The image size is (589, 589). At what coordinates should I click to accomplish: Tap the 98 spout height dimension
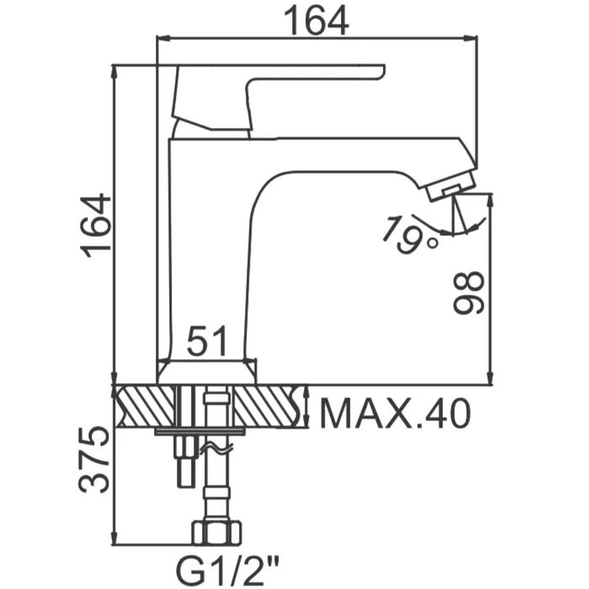tap(469, 294)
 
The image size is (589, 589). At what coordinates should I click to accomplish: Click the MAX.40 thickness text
tap(394, 413)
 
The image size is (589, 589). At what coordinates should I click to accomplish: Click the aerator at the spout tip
tap(451, 187)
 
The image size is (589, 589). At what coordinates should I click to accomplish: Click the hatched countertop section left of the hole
tap(145, 406)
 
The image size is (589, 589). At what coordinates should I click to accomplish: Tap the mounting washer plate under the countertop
tap(200, 431)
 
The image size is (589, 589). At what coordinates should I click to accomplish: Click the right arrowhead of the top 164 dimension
tap(470, 38)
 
